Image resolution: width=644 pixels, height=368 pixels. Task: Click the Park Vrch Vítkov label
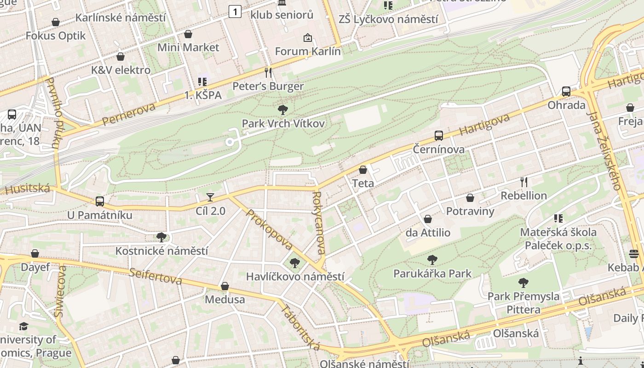point(283,123)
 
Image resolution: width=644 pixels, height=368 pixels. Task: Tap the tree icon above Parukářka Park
point(432,260)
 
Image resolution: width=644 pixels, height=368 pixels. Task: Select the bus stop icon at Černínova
point(439,136)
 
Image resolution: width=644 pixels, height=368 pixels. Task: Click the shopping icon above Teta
point(363,170)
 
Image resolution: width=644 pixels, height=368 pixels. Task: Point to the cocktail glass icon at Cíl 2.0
point(210,197)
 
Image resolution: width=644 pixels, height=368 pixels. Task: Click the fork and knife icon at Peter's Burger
point(268,72)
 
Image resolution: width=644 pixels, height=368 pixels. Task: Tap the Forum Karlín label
point(308,51)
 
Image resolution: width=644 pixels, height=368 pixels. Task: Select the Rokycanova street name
point(318,223)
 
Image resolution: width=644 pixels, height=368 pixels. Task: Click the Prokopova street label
point(270,230)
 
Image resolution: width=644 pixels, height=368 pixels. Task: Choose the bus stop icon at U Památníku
point(100,201)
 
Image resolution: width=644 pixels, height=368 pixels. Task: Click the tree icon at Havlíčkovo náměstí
point(295,263)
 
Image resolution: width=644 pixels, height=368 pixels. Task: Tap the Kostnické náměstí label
point(161,251)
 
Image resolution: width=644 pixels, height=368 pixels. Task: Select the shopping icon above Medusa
point(225,286)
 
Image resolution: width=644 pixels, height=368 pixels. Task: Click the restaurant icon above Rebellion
point(523,182)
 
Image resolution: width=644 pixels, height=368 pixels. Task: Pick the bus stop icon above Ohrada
point(566,92)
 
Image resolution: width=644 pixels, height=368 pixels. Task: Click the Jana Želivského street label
point(604,151)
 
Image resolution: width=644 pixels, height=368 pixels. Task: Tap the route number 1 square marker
point(235,11)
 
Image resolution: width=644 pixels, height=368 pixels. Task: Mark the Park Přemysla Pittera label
point(523,303)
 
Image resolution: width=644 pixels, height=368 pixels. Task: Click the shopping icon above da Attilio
point(428,219)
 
